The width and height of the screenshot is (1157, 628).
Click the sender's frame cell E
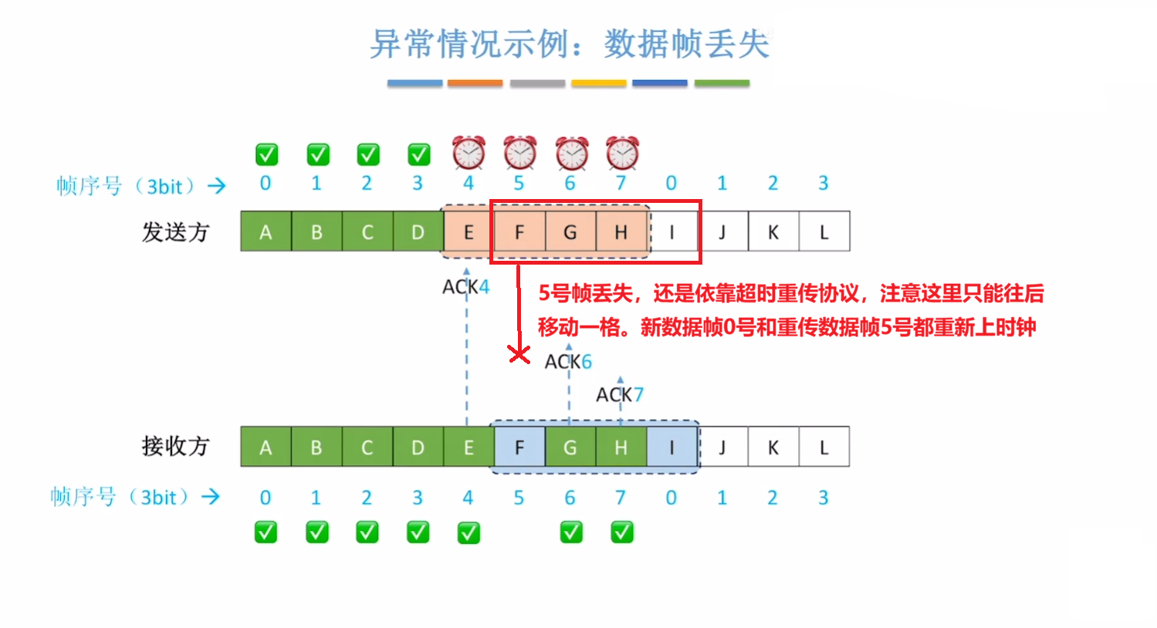tap(468, 232)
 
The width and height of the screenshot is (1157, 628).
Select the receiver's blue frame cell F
tap(519, 447)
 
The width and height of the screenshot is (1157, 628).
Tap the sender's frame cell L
tap(824, 232)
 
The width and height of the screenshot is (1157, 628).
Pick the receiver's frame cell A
tap(266, 447)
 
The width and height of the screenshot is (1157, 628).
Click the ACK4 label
tap(465, 287)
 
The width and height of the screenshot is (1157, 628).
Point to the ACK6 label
tap(568, 361)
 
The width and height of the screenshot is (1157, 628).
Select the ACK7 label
tap(619, 395)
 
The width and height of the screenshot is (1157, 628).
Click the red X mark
tap(519, 354)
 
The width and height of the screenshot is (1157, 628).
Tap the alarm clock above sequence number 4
tap(469, 152)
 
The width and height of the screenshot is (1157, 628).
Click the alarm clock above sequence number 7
tap(622, 152)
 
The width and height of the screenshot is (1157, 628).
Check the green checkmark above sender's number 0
tap(266, 154)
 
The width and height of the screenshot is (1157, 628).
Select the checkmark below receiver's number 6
tap(571, 532)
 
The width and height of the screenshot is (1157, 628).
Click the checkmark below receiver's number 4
tap(469, 532)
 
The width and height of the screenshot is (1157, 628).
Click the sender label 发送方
tap(175, 232)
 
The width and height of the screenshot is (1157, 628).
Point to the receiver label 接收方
tap(175, 446)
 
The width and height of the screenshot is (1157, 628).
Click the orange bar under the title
tap(475, 83)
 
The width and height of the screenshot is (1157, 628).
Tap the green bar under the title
tap(722, 83)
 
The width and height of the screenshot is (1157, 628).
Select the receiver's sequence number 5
tap(519, 498)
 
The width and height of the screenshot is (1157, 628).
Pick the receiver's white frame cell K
tap(773, 447)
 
